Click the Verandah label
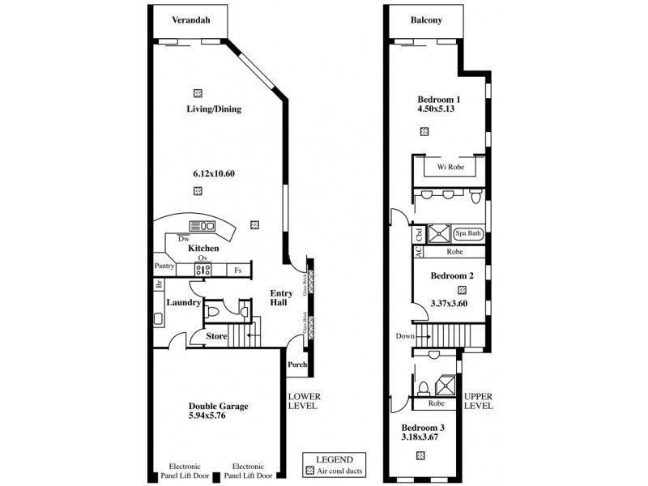click(x=191, y=21)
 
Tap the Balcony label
click(x=426, y=21)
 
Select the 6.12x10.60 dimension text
click(x=214, y=173)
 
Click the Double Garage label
click(x=219, y=407)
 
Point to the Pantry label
click(x=166, y=266)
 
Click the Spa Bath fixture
click(x=467, y=233)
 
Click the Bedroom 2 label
click(x=451, y=275)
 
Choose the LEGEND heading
click(x=334, y=458)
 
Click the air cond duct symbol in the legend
click(x=309, y=471)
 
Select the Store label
click(x=215, y=335)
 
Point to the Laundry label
click(x=184, y=302)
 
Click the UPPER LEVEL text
click(x=478, y=400)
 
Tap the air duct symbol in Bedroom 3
click(x=420, y=456)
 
